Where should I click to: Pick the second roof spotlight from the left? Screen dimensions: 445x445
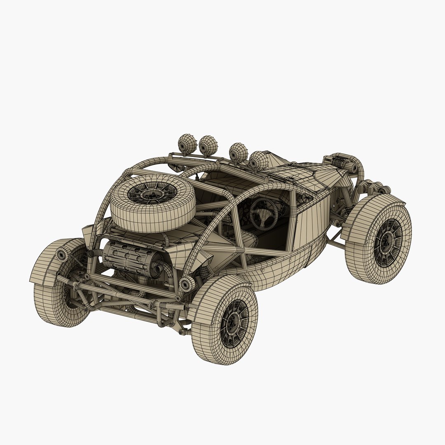click(208, 145)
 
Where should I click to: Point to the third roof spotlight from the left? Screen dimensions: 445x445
click(238, 152)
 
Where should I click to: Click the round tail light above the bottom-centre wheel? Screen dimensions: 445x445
click(186, 284)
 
